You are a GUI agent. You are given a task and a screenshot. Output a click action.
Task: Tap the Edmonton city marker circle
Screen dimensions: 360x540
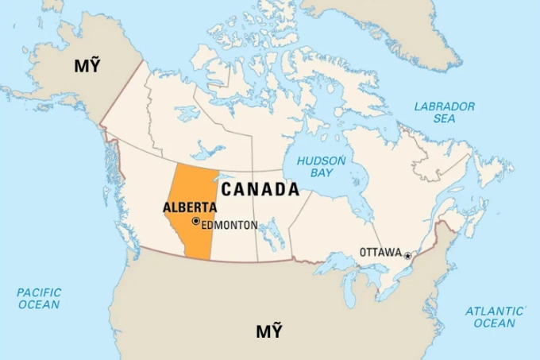pos(195,222)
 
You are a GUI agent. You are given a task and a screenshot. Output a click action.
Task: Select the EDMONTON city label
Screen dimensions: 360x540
pos(229,225)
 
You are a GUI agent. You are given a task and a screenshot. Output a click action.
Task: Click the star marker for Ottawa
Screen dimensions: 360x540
pos(408,255)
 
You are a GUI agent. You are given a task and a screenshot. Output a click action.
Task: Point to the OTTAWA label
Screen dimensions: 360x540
pos(380,252)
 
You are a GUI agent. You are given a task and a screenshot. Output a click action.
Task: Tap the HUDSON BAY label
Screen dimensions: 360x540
pos(321,167)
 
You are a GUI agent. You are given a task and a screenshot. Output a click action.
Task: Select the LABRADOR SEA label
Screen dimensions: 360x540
pos(444,112)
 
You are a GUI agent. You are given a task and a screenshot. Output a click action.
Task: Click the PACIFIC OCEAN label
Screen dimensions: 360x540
pos(38,298)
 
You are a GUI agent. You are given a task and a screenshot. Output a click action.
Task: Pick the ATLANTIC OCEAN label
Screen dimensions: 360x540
pos(494,317)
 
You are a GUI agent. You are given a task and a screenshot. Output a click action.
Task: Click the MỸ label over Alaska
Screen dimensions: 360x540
pos(87,65)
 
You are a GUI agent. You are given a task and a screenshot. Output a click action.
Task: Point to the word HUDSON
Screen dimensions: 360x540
pos(321,161)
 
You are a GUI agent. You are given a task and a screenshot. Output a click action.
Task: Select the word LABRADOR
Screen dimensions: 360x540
pos(444,106)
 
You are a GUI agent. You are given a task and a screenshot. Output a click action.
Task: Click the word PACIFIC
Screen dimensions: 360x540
pos(38,292)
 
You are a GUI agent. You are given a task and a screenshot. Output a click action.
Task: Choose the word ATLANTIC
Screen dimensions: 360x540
pos(494,311)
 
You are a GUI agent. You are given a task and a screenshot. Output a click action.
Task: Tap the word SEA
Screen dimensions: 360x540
pos(444,118)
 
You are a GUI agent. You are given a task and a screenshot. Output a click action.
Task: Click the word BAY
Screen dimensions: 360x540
pos(322,173)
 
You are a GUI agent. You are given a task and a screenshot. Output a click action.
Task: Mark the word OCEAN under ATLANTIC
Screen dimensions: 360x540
pos(494,323)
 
